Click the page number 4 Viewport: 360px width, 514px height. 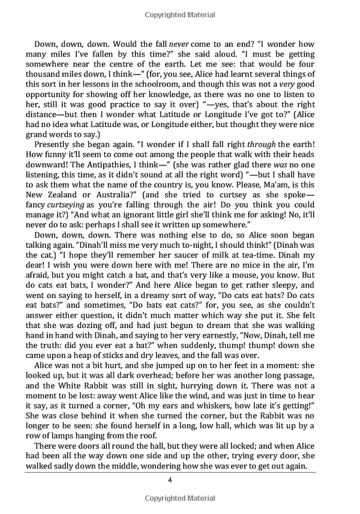[x=170, y=480]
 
